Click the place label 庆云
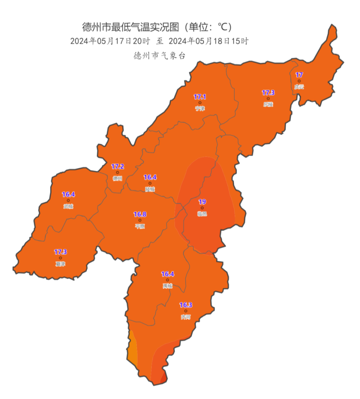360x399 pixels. point(299,87)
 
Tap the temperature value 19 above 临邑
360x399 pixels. point(202,202)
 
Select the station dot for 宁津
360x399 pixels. point(200,102)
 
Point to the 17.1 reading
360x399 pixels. point(200,97)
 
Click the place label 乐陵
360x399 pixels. point(268,104)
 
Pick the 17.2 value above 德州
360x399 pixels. point(117,166)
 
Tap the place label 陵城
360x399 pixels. point(150,189)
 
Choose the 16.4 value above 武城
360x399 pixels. point(69,194)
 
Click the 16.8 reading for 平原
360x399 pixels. point(140,214)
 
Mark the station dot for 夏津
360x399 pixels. point(60,258)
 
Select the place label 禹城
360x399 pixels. point(167,286)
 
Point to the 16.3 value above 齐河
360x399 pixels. point(186,305)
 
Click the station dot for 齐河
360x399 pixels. point(186,311)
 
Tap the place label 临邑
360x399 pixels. point(202,214)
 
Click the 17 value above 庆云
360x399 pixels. point(299,74)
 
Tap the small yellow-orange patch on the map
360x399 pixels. point(132,349)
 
